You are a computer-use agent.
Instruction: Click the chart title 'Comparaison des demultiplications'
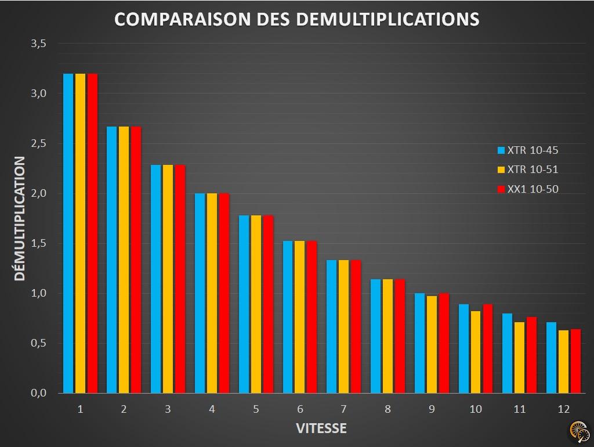coord(296,19)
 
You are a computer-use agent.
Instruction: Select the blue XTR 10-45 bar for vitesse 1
coord(68,232)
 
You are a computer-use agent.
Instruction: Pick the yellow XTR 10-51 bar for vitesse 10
coord(476,352)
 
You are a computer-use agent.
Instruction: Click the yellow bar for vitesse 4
coord(212,293)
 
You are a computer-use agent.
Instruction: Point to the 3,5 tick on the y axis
coord(39,44)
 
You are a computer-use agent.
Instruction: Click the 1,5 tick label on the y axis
coord(39,243)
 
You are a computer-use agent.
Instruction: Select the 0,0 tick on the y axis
coord(39,393)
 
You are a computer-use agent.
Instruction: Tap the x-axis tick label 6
coord(300,409)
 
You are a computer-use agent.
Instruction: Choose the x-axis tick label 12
coord(563,409)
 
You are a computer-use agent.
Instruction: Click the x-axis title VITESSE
coord(321,428)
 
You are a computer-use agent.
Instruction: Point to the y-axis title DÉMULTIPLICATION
coord(20,218)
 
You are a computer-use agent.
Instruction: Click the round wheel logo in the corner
coord(578,431)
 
